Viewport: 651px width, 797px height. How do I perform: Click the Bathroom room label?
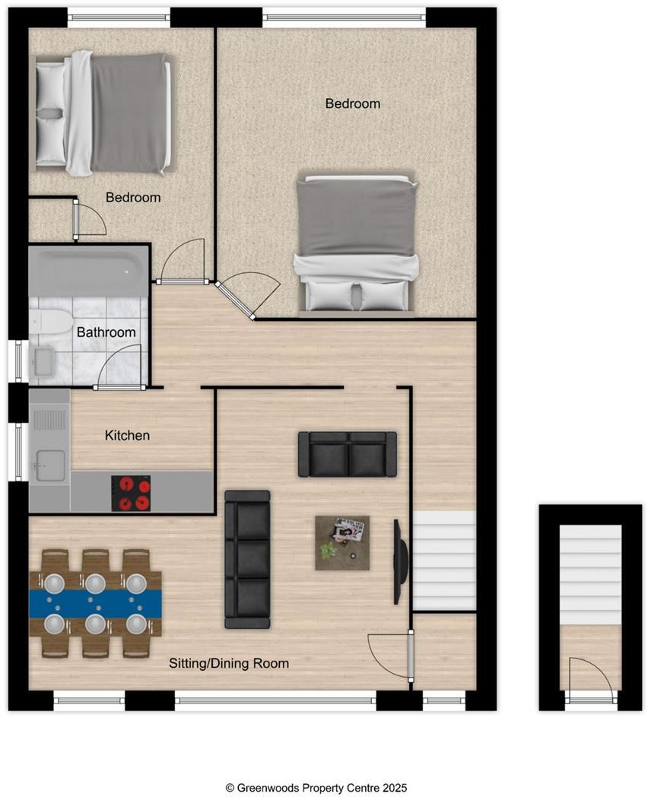(106, 332)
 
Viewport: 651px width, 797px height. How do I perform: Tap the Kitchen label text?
(127, 436)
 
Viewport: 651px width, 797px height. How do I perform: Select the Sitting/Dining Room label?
(229, 663)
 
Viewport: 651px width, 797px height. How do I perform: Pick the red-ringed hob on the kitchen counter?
(131, 493)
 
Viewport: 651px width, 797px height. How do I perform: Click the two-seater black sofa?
(348, 454)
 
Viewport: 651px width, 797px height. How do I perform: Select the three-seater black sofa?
(247, 559)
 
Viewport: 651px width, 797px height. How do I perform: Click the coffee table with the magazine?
(342, 542)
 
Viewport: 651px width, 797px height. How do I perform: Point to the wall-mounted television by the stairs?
(397, 561)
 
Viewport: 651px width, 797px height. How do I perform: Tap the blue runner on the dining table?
(95, 604)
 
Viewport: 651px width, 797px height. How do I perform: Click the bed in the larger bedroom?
(357, 243)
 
